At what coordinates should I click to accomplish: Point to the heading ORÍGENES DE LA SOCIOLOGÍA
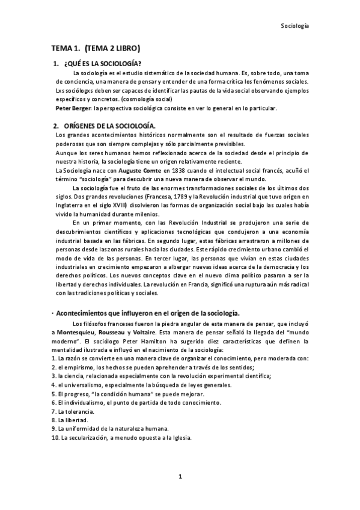tap(109, 125)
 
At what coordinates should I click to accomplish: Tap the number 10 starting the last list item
tap(55, 437)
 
